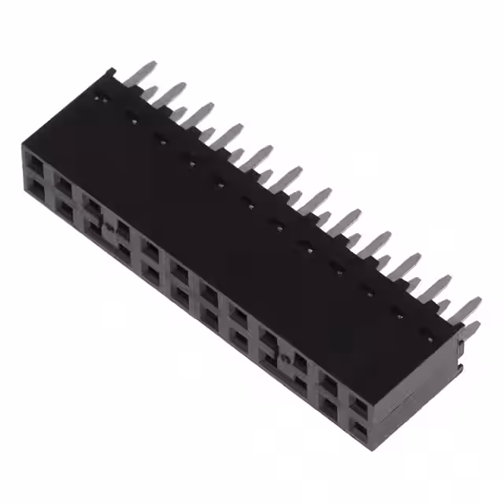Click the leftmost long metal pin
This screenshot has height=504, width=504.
(142, 72)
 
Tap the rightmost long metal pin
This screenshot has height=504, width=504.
(466, 308)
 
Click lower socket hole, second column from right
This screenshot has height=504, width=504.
(328, 406)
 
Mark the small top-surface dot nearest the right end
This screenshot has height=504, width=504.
(430, 339)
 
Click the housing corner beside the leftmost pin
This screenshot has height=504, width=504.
(110, 73)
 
